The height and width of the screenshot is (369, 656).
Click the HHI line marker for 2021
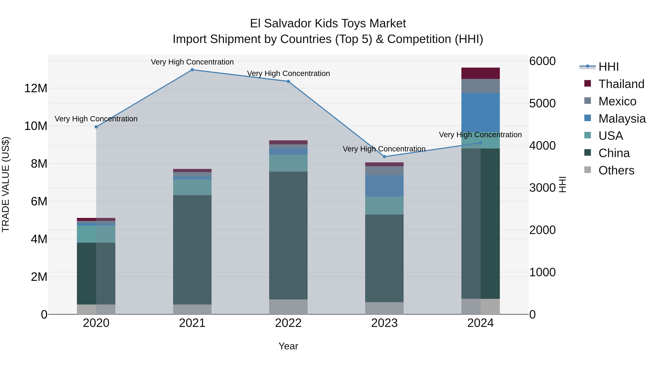click(x=192, y=70)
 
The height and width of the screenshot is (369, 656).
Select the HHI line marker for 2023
click(x=384, y=157)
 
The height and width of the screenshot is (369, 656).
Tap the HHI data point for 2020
click(x=96, y=127)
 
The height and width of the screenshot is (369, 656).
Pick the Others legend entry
click(x=616, y=170)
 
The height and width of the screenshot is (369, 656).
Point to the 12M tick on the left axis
click(x=36, y=88)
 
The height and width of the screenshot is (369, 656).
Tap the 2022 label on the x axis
click(x=288, y=323)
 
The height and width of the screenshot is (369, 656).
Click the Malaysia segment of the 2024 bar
click(x=481, y=112)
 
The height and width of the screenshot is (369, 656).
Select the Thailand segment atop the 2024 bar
click(x=481, y=73)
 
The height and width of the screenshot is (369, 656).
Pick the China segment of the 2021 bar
click(x=192, y=250)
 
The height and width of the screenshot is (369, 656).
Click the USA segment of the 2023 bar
click(x=384, y=206)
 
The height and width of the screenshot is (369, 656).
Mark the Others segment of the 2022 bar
click(x=288, y=307)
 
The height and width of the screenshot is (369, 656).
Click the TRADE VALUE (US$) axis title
click(x=6, y=184)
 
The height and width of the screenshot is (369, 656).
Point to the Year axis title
click(x=288, y=346)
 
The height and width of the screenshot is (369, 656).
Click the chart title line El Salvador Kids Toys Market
click(x=328, y=24)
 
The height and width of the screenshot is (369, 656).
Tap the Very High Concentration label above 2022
click(x=288, y=73)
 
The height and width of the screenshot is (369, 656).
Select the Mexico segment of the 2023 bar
click(x=384, y=171)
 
